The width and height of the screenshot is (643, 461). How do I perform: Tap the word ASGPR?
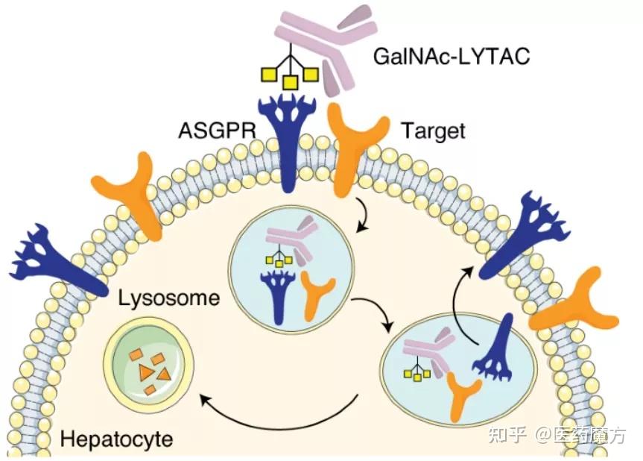tap(217, 131)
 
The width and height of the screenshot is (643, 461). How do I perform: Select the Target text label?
tap(433, 131)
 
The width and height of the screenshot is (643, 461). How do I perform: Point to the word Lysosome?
tap(169, 300)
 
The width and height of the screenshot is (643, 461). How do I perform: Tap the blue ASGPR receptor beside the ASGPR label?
tap(285, 142)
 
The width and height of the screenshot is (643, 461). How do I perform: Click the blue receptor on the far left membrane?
tap(56, 261)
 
